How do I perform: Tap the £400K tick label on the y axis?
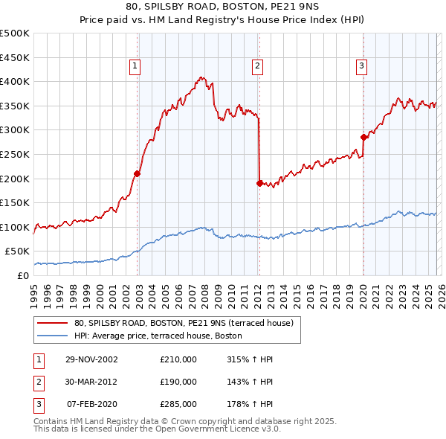(x=15, y=81)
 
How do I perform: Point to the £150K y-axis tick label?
(x=15, y=202)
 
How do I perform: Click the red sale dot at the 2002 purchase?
(x=138, y=173)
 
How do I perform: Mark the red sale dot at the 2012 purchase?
(x=259, y=183)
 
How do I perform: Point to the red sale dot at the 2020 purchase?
(x=363, y=137)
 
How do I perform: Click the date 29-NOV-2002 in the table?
(x=91, y=359)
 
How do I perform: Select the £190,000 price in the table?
(x=178, y=382)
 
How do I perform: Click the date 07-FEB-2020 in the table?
(x=91, y=404)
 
